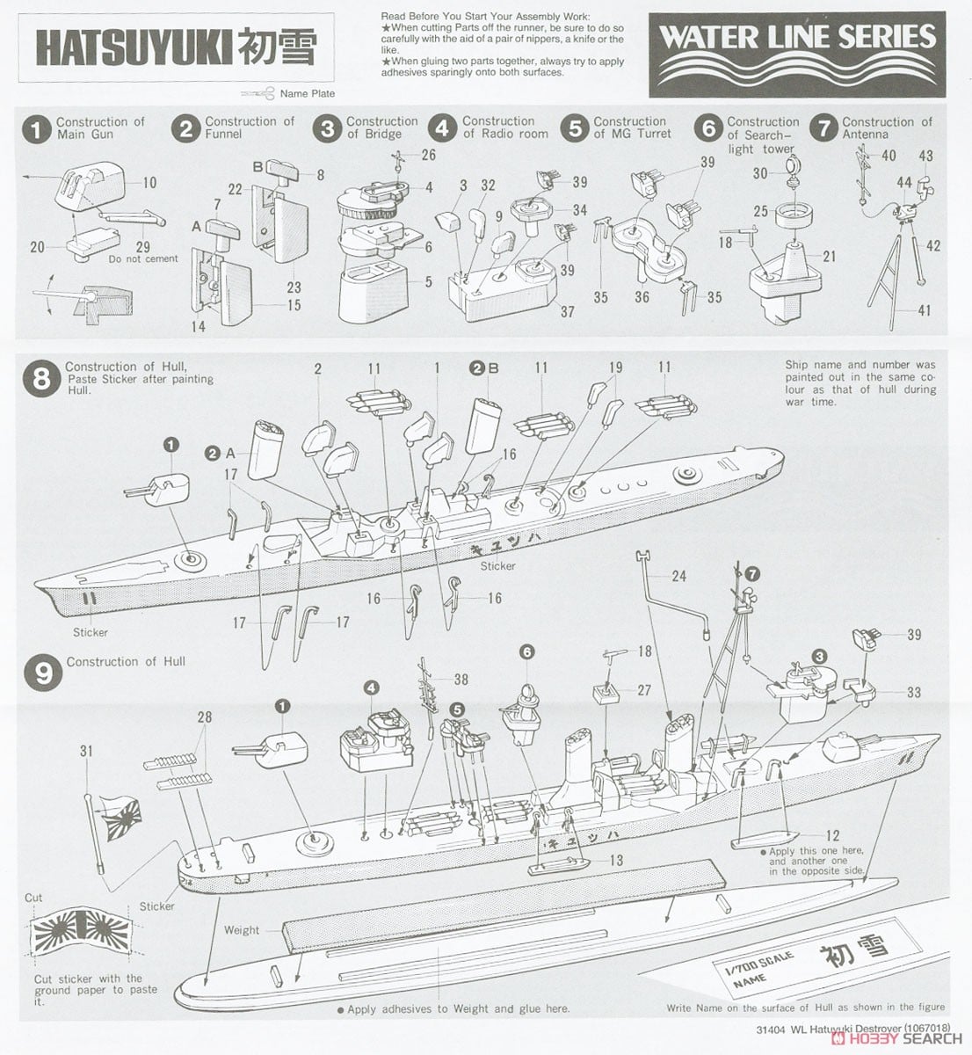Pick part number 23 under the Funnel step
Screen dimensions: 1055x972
pos(293,287)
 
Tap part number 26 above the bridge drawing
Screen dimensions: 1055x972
pos(428,156)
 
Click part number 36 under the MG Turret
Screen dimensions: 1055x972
pos(642,297)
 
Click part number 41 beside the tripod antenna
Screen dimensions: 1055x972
pos(925,310)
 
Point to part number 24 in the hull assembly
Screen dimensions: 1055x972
pos(678,577)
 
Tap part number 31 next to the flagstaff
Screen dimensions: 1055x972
pos(85,750)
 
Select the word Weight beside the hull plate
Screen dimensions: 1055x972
pos(242,929)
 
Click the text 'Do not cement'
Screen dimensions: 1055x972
pos(142,258)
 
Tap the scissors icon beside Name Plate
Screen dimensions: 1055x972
pos(265,92)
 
